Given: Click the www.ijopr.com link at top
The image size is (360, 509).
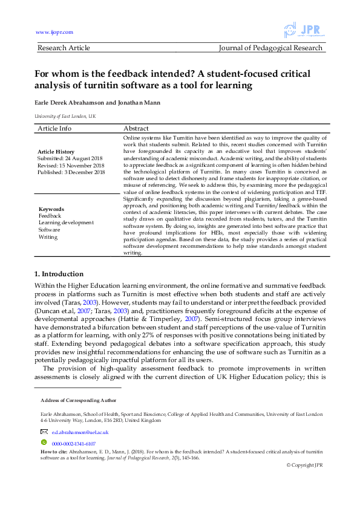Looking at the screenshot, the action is (54, 32).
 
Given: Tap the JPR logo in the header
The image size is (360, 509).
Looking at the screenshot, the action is (306, 30).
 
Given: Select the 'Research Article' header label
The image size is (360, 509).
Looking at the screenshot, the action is (64, 48).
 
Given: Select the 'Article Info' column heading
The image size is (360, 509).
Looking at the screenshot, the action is (54, 128).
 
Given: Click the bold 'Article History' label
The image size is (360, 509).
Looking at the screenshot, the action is (56, 152).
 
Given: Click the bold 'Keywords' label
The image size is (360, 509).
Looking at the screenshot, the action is (51, 209).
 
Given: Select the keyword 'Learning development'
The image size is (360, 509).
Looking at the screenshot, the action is (66, 222).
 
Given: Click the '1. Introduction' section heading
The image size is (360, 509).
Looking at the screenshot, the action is (59, 274).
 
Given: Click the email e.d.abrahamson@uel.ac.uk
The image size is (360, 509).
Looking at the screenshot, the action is (80, 432).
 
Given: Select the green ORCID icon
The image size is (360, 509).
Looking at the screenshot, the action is (43, 442).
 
